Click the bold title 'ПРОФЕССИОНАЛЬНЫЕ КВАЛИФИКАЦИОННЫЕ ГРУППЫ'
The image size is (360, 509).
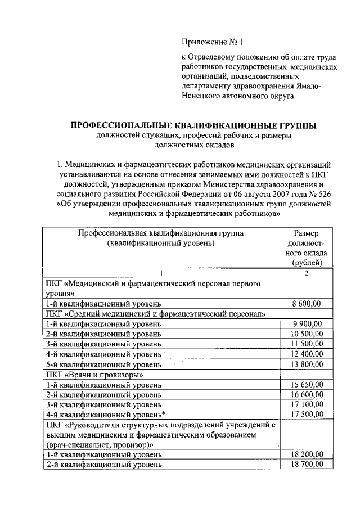click(193, 125)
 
